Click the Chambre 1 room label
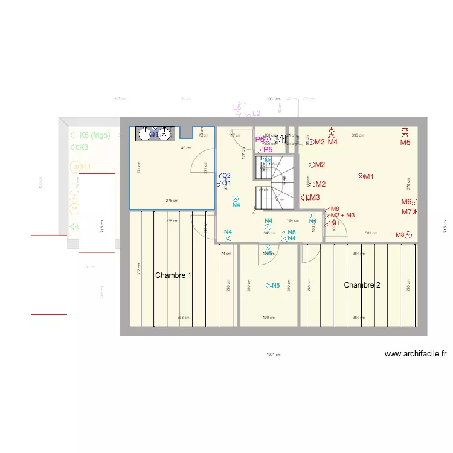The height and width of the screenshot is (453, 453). point(173,275)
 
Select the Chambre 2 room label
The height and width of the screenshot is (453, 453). point(362,284)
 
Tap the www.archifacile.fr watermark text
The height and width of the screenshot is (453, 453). point(415,355)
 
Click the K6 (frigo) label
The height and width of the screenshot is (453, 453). point(95,135)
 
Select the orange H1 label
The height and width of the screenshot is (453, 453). point(86,167)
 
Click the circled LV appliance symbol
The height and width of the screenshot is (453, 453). point(75,167)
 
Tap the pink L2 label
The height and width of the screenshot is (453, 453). point(256,113)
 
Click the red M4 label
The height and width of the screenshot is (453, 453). point(333,142)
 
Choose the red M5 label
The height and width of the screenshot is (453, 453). point(405,143)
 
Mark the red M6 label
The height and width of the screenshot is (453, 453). point(406,202)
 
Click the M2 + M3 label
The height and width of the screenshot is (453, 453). point(342,216)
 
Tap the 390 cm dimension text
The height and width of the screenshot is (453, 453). point(358,135)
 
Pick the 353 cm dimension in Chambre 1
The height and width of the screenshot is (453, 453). point(183,318)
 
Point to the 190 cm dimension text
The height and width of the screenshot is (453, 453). point(269,318)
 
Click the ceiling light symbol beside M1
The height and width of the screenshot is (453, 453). point(361,176)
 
